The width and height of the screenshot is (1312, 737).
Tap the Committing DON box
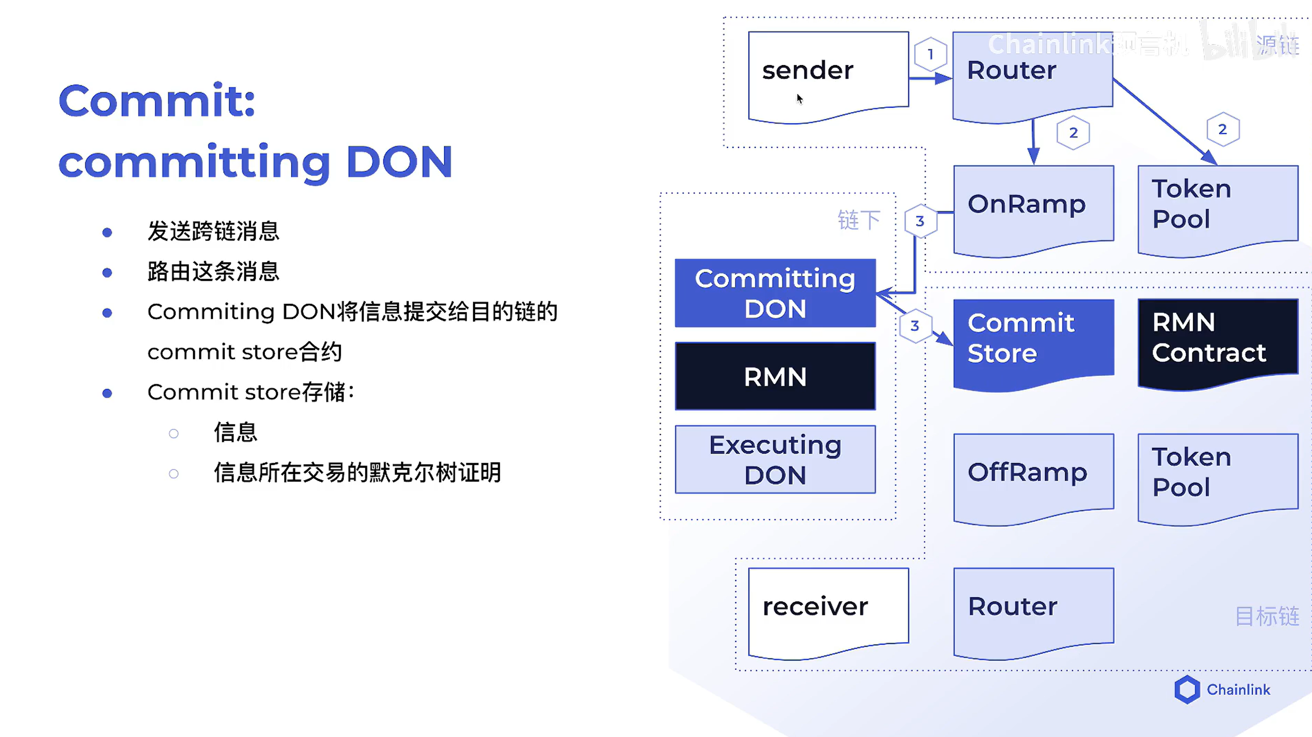click(775, 294)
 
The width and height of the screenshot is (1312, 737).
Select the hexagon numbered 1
click(931, 54)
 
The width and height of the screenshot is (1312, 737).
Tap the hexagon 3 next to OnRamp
click(920, 221)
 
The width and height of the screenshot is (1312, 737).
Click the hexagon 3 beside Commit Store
click(915, 326)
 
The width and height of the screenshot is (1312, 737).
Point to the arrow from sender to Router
click(930, 78)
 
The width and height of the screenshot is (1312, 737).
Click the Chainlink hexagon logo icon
click(1187, 690)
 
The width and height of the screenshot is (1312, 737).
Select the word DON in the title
click(399, 162)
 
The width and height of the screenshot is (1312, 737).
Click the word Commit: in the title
click(157, 101)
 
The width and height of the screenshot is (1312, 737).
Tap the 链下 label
click(859, 220)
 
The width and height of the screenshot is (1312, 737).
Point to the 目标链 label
click(1267, 617)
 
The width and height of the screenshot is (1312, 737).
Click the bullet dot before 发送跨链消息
click(107, 233)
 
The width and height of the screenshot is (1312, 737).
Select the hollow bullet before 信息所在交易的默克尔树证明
click(174, 474)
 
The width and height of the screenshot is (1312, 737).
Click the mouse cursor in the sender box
click(800, 98)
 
